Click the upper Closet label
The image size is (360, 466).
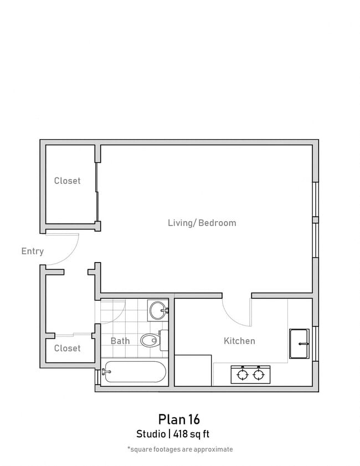(x=67, y=181)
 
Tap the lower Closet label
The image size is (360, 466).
(x=67, y=348)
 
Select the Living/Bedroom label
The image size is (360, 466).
(x=202, y=223)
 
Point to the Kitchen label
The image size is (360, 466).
(x=239, y=341)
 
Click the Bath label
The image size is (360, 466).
(x=120, y=341)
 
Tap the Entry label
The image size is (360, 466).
(x=32, y=251)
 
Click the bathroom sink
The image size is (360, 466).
(x=158, y=309)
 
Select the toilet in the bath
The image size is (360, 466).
(x=151, y=340)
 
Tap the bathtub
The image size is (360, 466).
(x=134, y=372)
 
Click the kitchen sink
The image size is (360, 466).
(x=299, y=344)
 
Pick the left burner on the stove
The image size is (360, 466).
(x=243, y=375)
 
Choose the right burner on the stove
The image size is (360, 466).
(x=258, y=375)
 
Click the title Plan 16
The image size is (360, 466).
(x=178, y=418)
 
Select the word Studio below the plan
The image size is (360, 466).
(x=151, y=434)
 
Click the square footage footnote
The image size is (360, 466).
(x=179, y=449)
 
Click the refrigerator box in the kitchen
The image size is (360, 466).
(x=193, y=370)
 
